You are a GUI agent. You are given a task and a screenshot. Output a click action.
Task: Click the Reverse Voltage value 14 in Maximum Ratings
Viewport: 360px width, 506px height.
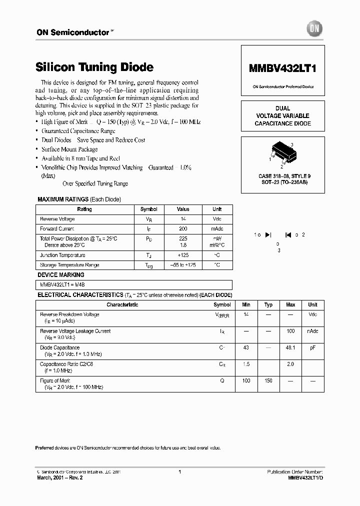[x=183, y=219]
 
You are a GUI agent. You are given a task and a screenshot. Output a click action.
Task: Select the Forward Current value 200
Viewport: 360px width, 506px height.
[x=183, y=229]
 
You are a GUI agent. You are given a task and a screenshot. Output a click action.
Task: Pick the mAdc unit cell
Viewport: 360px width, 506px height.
[x=217, y=229]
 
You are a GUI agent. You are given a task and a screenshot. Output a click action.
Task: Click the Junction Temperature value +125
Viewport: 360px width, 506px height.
[x=183, y=255]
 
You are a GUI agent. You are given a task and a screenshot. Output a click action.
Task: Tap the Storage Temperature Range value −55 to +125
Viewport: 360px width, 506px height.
[x=183, y=265]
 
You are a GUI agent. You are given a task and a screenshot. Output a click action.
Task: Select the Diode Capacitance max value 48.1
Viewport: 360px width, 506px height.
[x=290, y=347]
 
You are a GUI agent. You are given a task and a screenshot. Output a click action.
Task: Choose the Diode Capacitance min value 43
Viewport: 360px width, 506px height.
[x=246, y=347]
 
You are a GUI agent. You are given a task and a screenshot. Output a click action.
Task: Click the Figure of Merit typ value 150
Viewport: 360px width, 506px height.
[x=268, y=380]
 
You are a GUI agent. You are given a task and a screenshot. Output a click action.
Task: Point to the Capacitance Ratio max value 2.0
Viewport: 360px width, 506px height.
[x=290, y=364]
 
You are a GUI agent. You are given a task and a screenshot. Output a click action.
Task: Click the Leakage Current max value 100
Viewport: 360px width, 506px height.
[x=290, y=331]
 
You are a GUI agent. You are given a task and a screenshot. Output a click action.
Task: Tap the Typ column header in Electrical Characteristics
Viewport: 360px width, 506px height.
[x=268, y=304]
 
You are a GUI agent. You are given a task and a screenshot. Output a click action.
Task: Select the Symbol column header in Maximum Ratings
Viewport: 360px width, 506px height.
[x=148, y=209]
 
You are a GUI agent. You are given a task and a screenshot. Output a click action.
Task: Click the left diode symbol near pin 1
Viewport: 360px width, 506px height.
[x=268, y=234]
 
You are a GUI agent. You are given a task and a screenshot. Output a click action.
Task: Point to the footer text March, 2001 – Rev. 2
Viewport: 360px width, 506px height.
[x=60, y=478]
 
